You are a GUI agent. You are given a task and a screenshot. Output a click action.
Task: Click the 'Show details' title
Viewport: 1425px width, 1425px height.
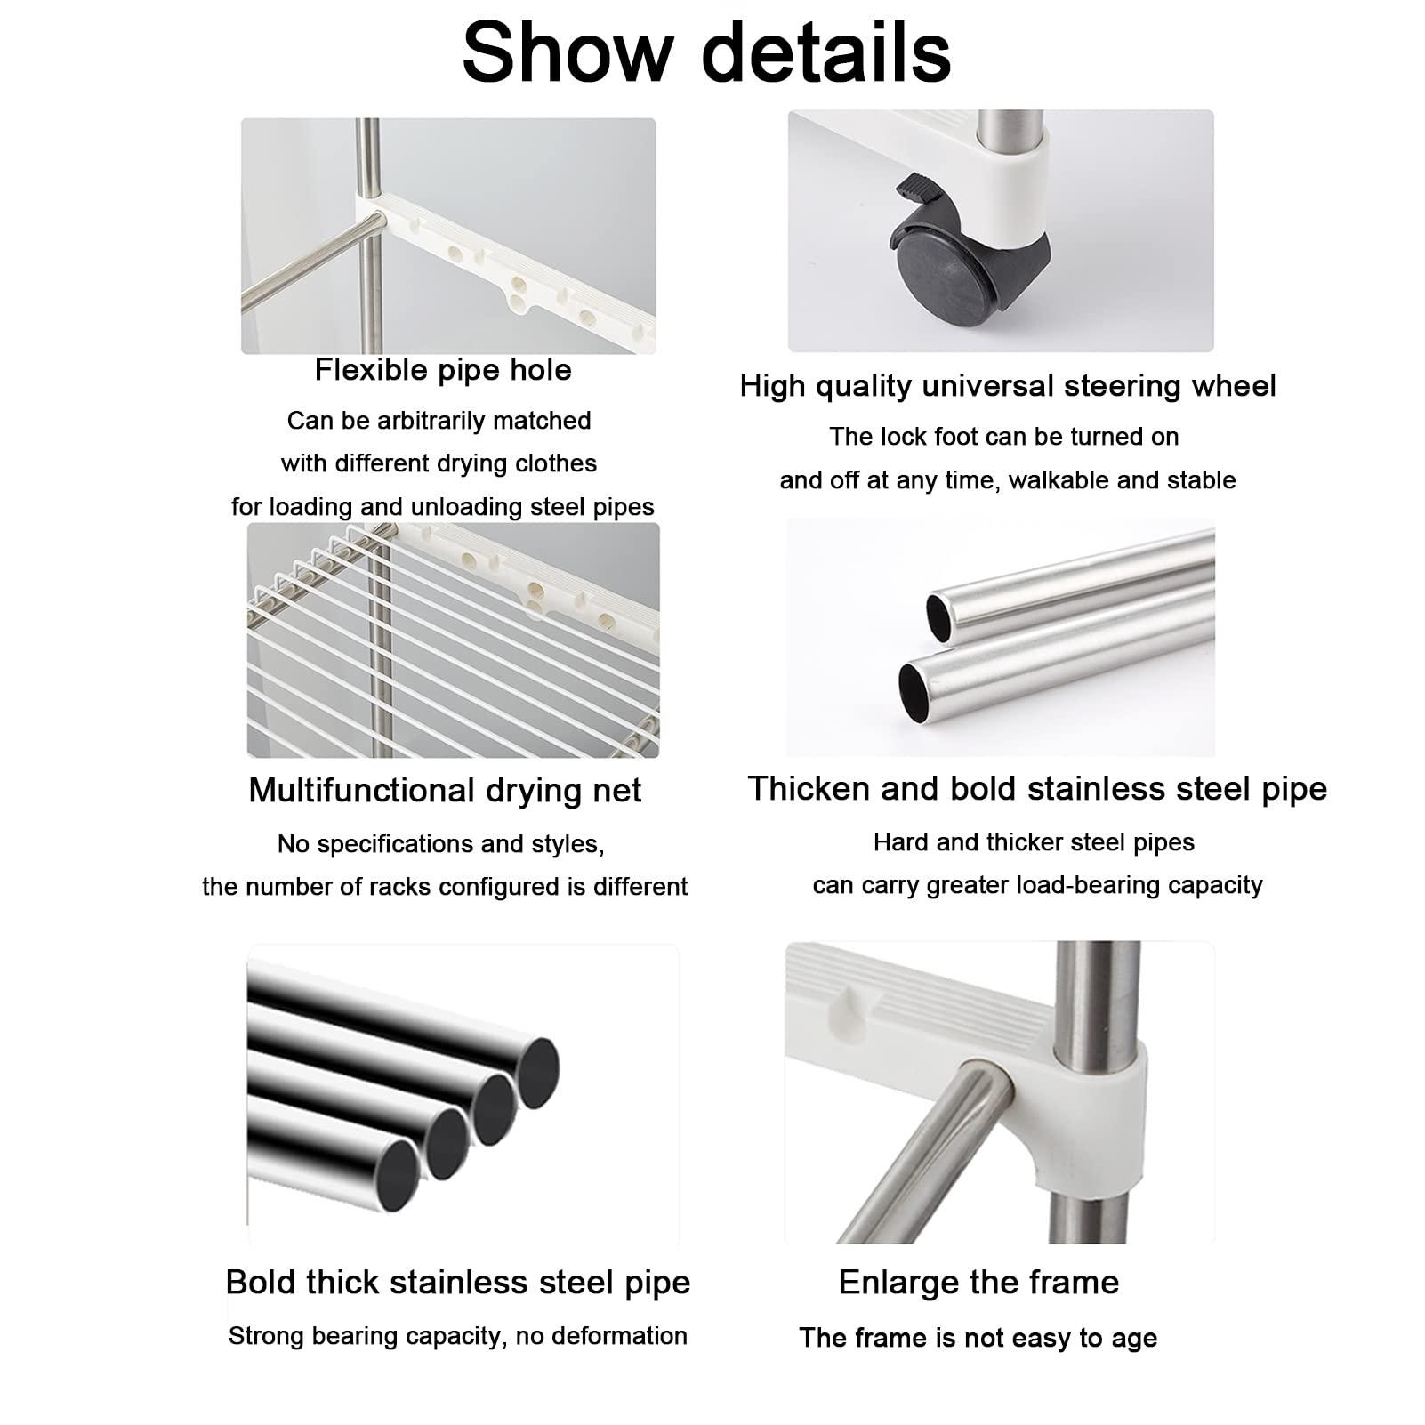point(706,52)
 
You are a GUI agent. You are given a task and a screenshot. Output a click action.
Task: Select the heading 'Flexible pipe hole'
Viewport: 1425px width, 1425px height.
point(443,370)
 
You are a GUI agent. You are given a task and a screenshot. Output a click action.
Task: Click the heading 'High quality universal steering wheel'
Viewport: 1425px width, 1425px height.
point(1007,386)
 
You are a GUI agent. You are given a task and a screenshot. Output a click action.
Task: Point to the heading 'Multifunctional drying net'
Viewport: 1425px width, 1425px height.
point(444,791)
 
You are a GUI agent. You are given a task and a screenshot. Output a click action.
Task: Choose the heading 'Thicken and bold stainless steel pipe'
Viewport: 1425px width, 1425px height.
point(1036,789)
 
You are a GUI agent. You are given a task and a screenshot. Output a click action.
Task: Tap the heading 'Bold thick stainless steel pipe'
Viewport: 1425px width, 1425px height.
point(457,1283)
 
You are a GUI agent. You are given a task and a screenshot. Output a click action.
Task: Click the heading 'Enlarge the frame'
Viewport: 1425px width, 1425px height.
point(978,1283)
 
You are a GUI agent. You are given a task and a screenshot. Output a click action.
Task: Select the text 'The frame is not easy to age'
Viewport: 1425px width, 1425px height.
point(978,1338)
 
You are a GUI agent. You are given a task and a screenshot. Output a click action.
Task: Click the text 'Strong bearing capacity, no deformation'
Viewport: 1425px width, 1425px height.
point(457,1336)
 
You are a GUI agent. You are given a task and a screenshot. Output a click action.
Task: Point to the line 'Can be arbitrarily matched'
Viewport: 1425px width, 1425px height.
point(439,421)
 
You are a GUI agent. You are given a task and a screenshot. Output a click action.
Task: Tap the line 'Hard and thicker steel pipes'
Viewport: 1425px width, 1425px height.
point(1034,842)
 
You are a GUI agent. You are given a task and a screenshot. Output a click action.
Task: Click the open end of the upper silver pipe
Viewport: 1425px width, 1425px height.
point(938,616)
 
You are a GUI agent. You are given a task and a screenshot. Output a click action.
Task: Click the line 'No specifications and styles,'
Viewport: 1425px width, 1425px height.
point(440,844)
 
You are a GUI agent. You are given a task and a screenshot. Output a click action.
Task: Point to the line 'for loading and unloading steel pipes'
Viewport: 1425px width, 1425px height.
point(442,507)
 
